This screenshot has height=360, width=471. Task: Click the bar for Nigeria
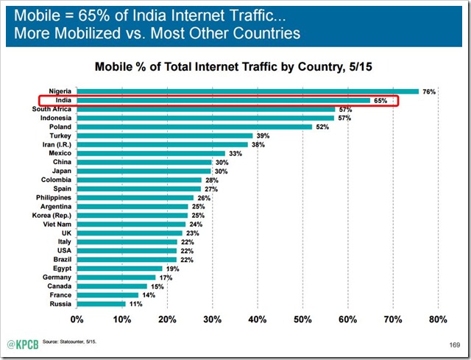(x=247, y=91)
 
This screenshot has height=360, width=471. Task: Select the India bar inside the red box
(x=223, y=100)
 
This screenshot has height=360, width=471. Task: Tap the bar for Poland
(x=194, y=126)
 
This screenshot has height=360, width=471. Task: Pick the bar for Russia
(x=101, y=303)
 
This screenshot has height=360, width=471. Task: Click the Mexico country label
(x=60, y=153)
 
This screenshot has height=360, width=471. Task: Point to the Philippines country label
(x=54, y=197)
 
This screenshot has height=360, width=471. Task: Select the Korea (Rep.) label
(x=53, y=215)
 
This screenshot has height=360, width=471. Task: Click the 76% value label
(x=430, y=91)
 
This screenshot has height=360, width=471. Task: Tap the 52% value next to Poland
(x=321, y=127)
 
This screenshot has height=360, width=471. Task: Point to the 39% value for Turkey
(x=262, y=135)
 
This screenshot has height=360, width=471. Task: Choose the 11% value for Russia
(x=135, y=303)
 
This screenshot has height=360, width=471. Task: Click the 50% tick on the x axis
(x=302, y=320)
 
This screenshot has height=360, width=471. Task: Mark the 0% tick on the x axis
(x=77, y=320)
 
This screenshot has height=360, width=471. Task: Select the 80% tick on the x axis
(x=437, y=320)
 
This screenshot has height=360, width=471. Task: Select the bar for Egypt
(x=119, y=268)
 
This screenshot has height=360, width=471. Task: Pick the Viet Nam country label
(x=57, y=224)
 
